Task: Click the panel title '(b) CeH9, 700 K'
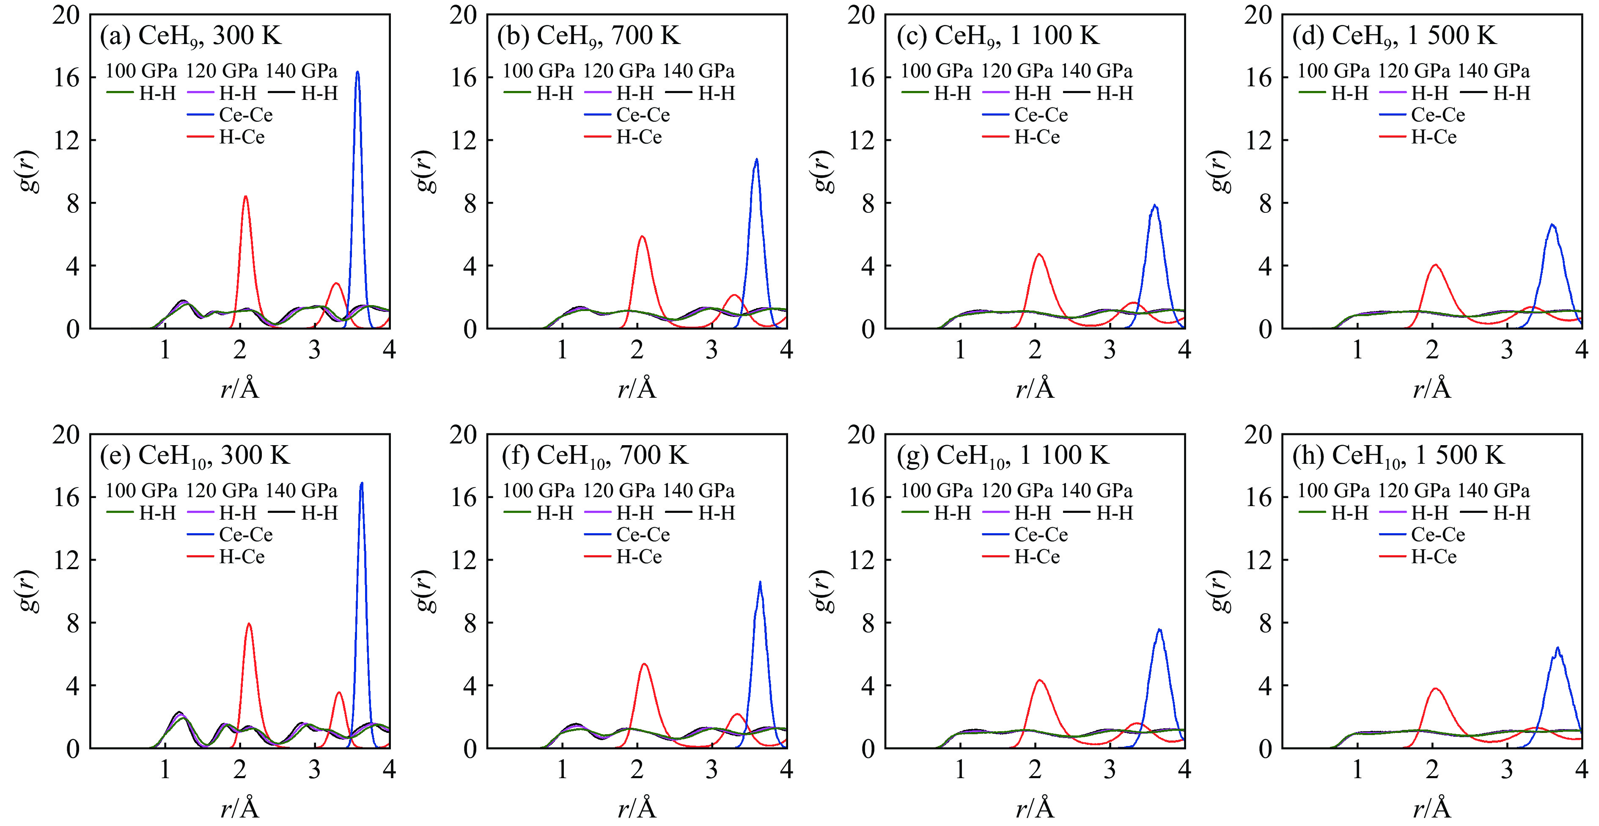coord(588,36)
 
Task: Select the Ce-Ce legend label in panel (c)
coord(1041,115)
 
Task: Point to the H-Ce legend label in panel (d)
coord(1434,137)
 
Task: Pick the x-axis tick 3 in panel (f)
coord(712,770)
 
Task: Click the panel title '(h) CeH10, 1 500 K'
coord(1398,456)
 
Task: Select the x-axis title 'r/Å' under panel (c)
coord(1035,389)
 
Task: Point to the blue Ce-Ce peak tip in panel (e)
coord(361,483)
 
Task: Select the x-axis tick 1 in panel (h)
coord(1357,770)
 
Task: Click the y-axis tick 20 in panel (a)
coord(66,15)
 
